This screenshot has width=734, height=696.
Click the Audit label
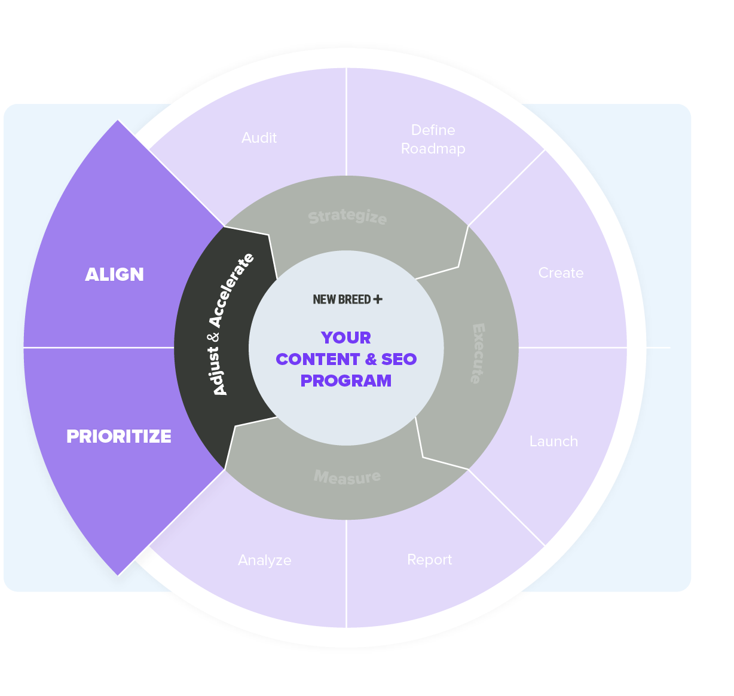pos(259,138)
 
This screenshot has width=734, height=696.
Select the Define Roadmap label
pos(433,139)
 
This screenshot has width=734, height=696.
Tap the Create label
pos(561,273)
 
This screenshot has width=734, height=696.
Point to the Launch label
pos(553,441)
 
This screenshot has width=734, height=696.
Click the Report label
pos(429,560)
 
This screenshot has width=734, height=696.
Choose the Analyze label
pos(264,560)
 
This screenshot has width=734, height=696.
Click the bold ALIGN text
pos(115,274)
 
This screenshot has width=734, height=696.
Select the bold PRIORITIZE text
pos(119,437)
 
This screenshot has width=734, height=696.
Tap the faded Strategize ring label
pos(347,216)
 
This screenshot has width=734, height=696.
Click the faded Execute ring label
pos(478,353)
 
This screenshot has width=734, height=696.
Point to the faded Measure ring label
pos(347,477)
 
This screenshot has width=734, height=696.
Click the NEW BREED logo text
pos(342,299)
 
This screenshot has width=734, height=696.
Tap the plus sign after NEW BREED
pos(378,299)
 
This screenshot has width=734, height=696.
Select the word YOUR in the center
pos(346,338)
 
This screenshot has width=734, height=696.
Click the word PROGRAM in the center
pos(346,381)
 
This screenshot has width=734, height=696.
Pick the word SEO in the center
pos(399,359)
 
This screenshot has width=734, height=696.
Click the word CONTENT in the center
pos(317,359)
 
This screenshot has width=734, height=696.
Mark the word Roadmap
pos(433,149)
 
